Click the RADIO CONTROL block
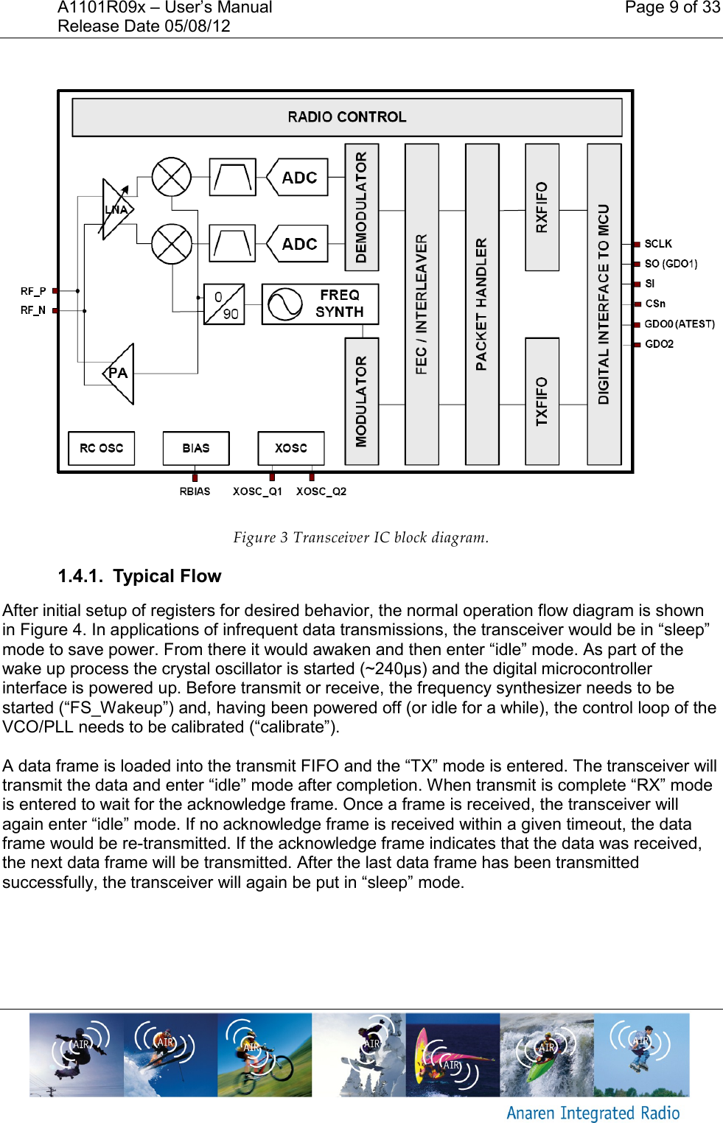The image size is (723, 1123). pyautogui.click(x=346, y=117)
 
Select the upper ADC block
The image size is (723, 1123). pyautogui.click(x=298, y=178)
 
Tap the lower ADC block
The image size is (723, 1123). pyautogui.click(x=298, y=244)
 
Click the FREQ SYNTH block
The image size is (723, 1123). pyautogui.click(x=320, y=304)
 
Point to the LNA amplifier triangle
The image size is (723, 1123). pyautogui.click(x=116, y=209)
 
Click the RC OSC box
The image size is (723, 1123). pyautogui.click(x=102, y=448)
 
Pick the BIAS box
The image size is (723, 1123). pyautogui.click(x=196, y=448)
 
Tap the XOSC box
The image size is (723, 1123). pyautogui.click(x=291, y=448)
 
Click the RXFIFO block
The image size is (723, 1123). pyautogui.click(x=542, y=207)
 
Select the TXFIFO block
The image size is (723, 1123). pyautogui.click(x=542, y=401)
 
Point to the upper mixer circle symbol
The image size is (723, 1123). pyautogui.click(x=171, y=177)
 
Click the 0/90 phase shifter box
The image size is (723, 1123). pyautogui.click(x=224, y=304)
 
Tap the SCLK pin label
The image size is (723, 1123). pyautogui.click(x=658, y=244)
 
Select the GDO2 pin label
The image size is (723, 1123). pyautogui.click(x=659, y=344)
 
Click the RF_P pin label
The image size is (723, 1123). pyautogui.click(x=33, y=291)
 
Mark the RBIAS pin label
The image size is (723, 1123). pyautogui.click(x=195, y=491)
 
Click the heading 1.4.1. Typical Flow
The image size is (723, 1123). pyautogui.click(x=139, y=576)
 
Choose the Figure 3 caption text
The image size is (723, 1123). pyautogui.click(x=360, y=537)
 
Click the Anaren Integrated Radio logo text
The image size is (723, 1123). pyautogui.click(x=593, y=1113)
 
